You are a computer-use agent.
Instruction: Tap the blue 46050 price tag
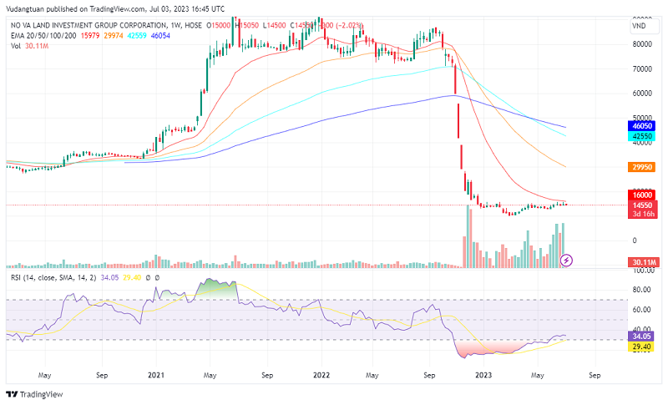[x=642, y=124]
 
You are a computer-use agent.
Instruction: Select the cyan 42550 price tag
[x=642, y=135]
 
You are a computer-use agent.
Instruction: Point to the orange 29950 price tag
[x=642, y=167]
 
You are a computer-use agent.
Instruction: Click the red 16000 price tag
[x=642, y=195]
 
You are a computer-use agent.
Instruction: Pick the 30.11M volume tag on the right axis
[x=641, y=262]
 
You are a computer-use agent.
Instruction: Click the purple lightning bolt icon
[x=567, y=260]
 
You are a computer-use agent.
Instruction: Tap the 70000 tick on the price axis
[x=642, y=69]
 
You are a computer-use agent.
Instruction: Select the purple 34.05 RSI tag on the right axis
[x=641, y=337]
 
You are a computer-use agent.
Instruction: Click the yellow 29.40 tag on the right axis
[x=641, y=347]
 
